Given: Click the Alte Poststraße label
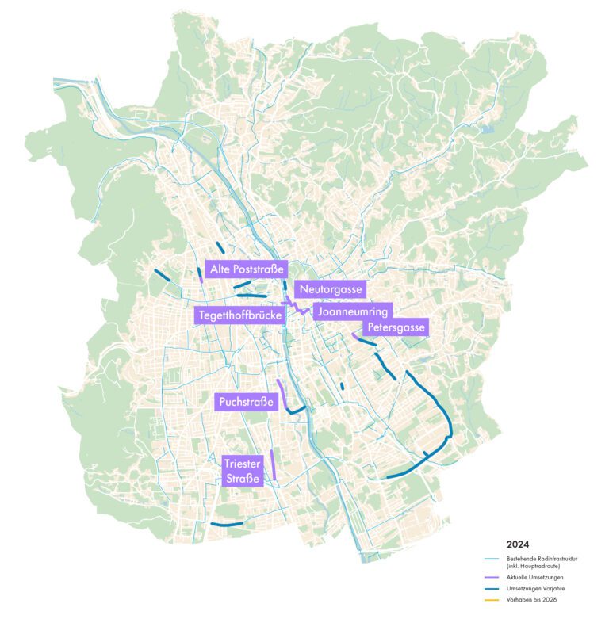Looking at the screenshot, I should point(247,269).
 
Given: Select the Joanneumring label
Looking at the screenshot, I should point(352,311).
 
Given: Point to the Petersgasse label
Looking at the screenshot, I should point(395,327).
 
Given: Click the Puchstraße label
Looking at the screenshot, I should point(246,403).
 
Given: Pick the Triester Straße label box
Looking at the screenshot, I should point(242,470).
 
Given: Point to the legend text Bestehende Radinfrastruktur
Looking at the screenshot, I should point(542,559).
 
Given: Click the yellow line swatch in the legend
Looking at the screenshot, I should point(490,601).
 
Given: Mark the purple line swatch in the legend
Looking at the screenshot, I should point(490,577).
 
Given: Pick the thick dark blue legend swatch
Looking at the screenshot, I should point(490,589).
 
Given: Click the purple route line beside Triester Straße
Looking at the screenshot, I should point(273,464).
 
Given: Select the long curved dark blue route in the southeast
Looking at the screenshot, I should point(444,412).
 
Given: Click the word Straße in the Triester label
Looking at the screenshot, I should point(242,478).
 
